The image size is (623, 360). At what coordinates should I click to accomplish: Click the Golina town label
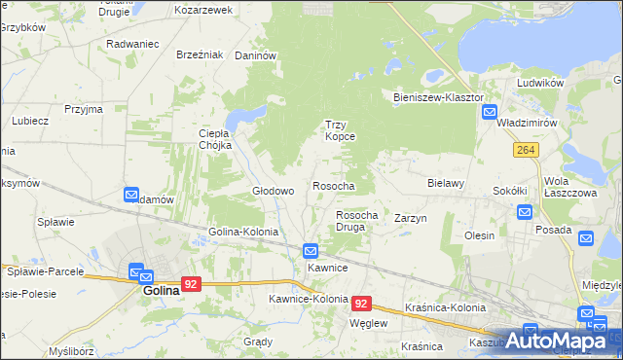pyautogui.click(x=161, y=290)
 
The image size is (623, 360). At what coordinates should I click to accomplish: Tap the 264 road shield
pyautogui.click(x=527, y=149)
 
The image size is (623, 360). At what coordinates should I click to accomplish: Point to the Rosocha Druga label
pyautogui.click(x=356, y=221)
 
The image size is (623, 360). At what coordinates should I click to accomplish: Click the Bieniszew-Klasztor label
pyautogui.click(x=438, y=98)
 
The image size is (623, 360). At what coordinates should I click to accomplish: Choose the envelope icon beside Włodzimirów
pyautogui.click(x=491, y=113)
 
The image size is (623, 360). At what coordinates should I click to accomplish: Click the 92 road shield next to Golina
pyautogui.click(x=191, y=284)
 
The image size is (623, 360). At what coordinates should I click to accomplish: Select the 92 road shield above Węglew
pyautogui.click(x=361, y=304)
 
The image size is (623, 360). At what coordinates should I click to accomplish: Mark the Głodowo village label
pyautogui.click(x=274, y=192)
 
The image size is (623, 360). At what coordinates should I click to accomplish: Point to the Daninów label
pyautogui.click(x=256, y=56)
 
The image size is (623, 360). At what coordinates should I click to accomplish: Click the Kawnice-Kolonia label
pyautogui.click(x=309, y=299)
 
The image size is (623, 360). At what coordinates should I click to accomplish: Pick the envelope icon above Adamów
pyautogui.click(x=132, y=195)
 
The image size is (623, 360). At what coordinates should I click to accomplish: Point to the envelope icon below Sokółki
pyautogui.click(x=524, y=212)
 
